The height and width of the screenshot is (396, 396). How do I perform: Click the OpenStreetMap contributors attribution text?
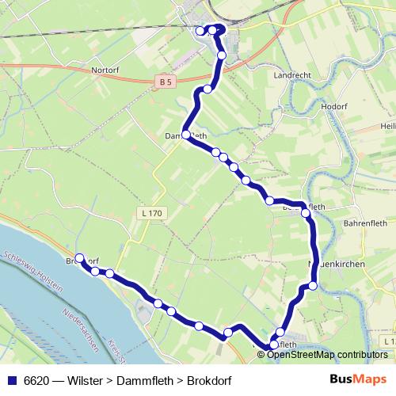pyautogui.click(x=327, y=354)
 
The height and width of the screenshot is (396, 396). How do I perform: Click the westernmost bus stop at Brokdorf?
pyautogui.click(x=80, y=257)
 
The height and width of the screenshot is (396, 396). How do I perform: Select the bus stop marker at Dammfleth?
pyautogui.click(x=187, y=135)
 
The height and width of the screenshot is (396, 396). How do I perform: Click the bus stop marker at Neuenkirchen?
pyautogui.click(x=313, y=285)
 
